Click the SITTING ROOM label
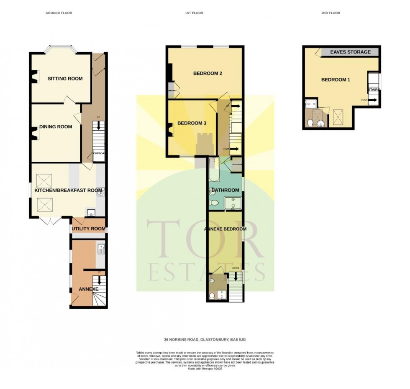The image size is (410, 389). tap(65, 79)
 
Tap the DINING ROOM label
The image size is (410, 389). tap(56, 127)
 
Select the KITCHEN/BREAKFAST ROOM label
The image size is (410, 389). tap(68, 191)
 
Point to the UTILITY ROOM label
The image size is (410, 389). tap(88, 229)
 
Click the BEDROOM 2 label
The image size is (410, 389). tap(208, 74)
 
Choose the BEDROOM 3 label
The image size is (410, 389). tap(192, 123)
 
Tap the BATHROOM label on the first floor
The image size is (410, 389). tap(225, 191)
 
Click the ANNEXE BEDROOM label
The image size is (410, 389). tap(225, 229)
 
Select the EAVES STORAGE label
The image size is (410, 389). tap(350, 52)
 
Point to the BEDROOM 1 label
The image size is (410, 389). tap(336, 80)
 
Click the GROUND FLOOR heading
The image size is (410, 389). tap(59, 13)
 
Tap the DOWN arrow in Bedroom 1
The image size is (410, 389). tap(370, 100)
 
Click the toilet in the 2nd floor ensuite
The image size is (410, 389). tap(310, 123)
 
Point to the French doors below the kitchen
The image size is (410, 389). tap(51, 220)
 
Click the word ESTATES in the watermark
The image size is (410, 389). tap(207, 272)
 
